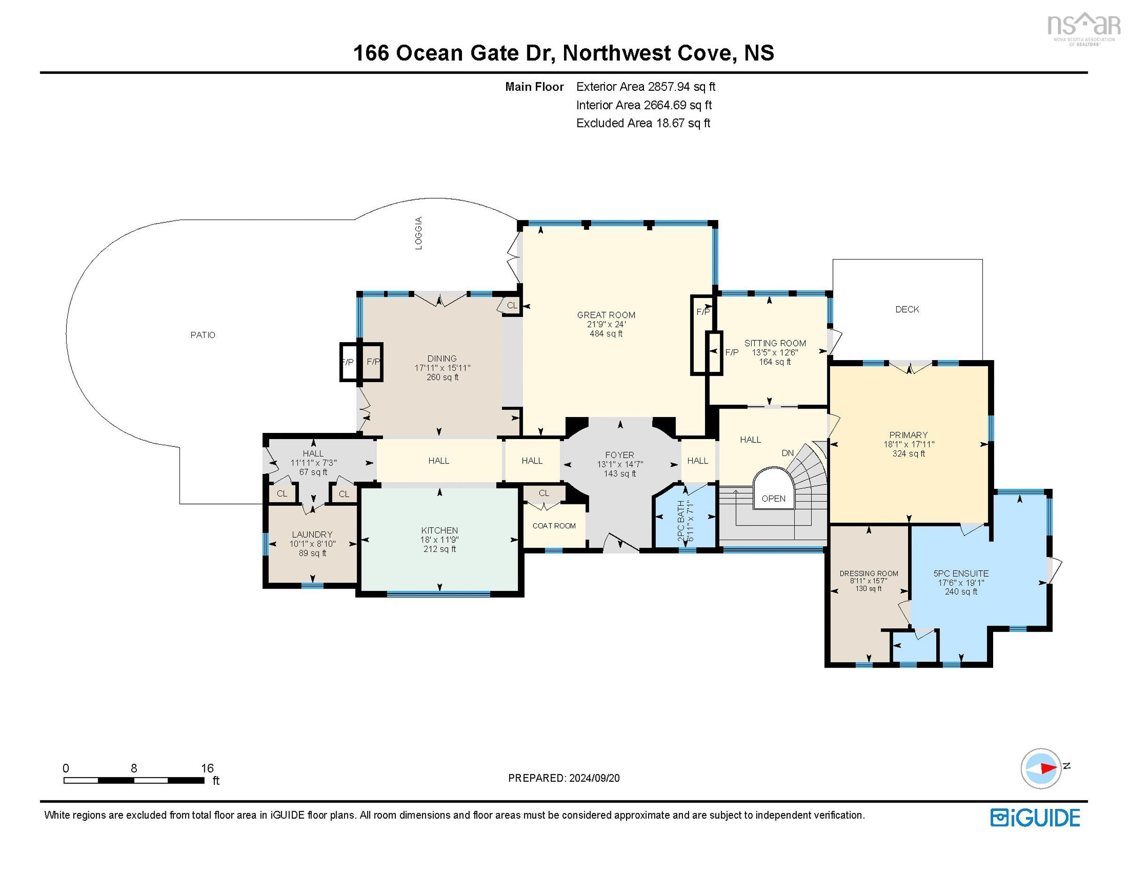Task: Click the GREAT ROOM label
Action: click(606, 315)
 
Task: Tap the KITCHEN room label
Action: click(439, 531)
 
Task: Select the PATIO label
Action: click(203, 335)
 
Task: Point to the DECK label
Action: click(907, 309)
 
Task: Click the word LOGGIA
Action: click(419, 233)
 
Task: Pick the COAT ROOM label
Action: click(554, 526)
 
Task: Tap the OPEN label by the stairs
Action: click(773, 498)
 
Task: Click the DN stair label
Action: click(787, 453)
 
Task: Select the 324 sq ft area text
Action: click(909, 454)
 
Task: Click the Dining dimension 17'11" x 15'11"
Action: click(442, 368)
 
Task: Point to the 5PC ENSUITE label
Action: click(961, 573)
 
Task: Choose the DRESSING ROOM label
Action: click(869, 573)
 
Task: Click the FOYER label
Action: click(619, 455)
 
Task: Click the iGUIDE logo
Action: click(1035, 818)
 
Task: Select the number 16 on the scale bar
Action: click(207, 768)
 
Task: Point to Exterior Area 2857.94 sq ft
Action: click(646, 87)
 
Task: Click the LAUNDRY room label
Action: click(312, 534)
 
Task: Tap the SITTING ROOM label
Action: click(775, 343)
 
